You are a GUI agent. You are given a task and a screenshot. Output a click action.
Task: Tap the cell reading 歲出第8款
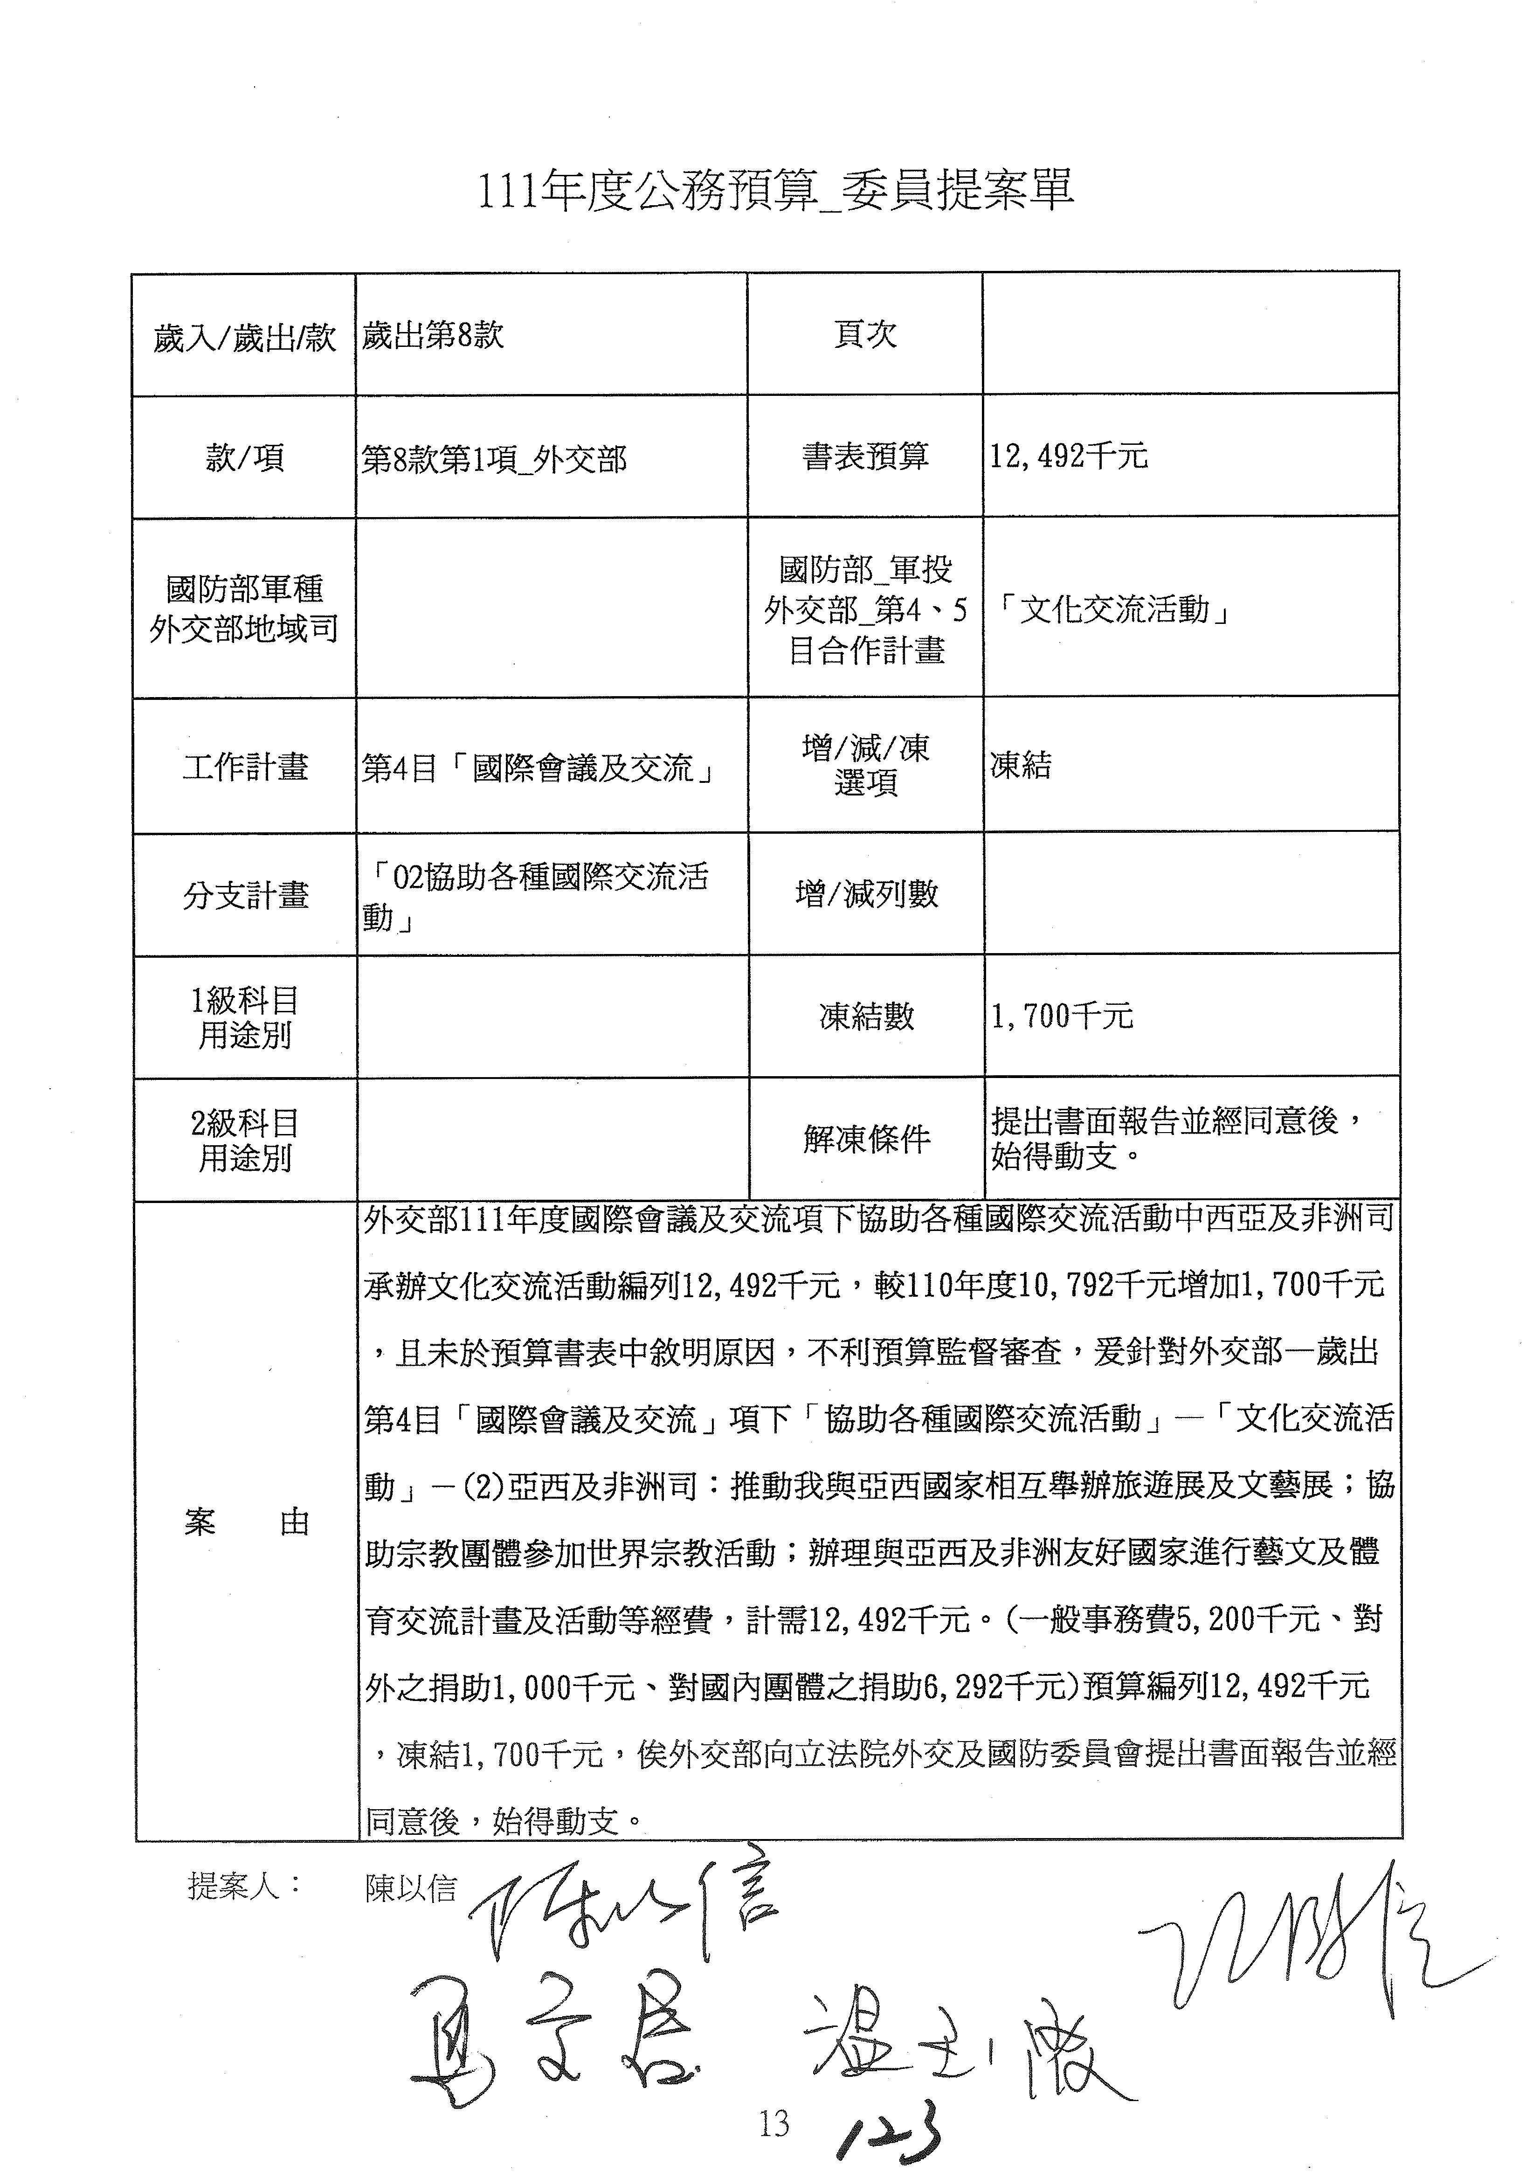pyautogui.click(x=433, y=336)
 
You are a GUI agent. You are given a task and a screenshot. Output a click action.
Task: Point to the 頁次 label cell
pyautogui.click(x=865, y=335)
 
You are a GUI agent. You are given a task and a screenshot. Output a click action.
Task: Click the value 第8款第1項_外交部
pyautogui.click(x=494, y=459)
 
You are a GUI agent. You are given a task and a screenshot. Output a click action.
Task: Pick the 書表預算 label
pyautogui.click(x=865, y=457)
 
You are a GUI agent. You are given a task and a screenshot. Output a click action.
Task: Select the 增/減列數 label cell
pyautogui.click(x=866, y=893)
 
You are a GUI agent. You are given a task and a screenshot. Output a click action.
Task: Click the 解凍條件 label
pyautogui.click(x=866, y=1138)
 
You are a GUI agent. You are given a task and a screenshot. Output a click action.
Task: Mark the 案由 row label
pyautogui.click(x=246, y=1521)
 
